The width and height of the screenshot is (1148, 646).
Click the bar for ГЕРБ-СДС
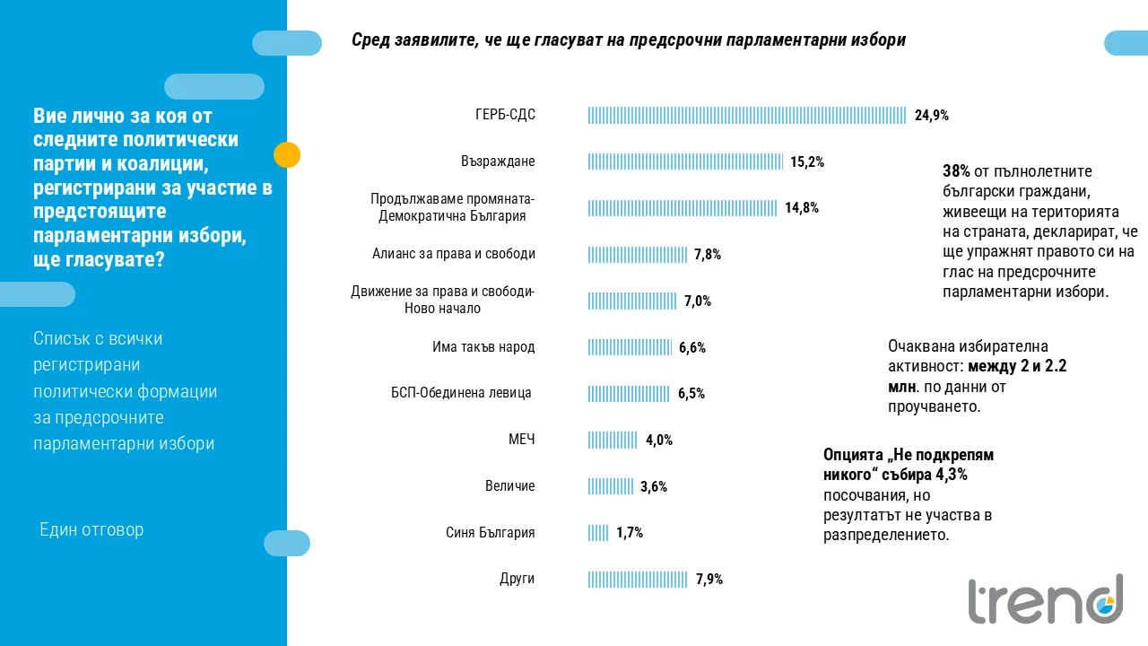[x=747, y=116]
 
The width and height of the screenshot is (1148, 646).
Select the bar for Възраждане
[x=685, y=161]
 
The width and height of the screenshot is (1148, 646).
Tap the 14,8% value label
[x=802, y=207]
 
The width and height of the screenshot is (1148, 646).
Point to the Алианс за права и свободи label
[x=454, y=254]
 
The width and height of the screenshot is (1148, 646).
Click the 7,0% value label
[x=698, y=301]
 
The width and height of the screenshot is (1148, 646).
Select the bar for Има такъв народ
[x=630, y=347]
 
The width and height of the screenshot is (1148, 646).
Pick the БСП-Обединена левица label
[x=461, y=393]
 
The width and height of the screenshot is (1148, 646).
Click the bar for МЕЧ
[x=613, y=440]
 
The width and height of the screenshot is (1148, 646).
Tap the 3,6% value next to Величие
[x=654, y=486]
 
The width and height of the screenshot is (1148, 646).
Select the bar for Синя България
[x=598, y=533]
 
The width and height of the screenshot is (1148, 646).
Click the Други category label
[x=517, y=579]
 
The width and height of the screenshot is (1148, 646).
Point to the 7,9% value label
[x=709, y=580]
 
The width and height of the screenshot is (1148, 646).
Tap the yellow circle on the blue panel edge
[x=287, y=155]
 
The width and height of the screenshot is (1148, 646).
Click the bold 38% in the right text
[x=956, y=171]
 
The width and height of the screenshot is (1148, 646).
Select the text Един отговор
[x=91, y=530]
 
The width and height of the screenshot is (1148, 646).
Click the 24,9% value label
[x=932, y=116]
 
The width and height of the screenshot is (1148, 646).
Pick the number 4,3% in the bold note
[x=952, y=475]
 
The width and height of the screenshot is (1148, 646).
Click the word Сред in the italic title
[x=370, y=40]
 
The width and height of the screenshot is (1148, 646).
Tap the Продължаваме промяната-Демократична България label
[x=452, y=207]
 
